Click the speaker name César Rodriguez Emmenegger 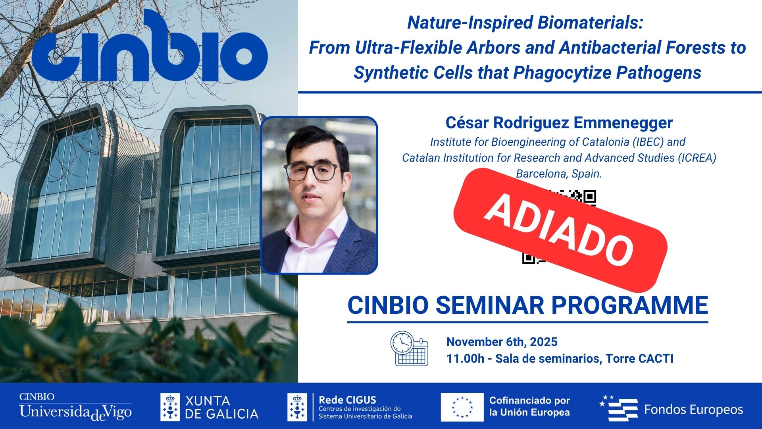(559, 123)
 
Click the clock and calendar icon (409, 348)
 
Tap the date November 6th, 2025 (502, 342)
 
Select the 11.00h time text (465, 359)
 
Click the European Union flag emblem (462, 408)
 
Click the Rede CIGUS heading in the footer (347, 400)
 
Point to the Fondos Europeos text (693, 410)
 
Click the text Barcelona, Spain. (559, 174)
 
